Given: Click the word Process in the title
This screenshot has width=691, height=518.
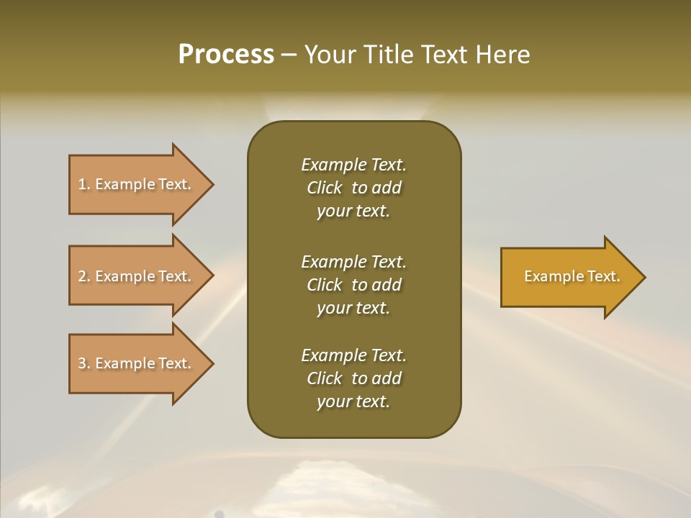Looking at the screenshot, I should [x=226, y=55].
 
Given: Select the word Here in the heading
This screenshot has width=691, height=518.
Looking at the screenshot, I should [x=503, y=55].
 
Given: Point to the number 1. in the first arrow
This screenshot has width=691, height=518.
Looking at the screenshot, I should [x=84, y=184].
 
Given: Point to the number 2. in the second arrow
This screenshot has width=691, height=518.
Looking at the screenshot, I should [x=84, y=276].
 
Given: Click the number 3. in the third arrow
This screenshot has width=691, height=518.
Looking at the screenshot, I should [x=84, y=363].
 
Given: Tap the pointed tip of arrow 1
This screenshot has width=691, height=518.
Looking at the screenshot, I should [x=211, y=184].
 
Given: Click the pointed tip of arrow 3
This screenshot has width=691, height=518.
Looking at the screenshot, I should [x=211, y=363].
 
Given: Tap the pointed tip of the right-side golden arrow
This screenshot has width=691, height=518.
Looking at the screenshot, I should [x=643, y=276].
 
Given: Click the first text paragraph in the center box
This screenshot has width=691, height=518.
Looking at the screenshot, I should [x=353, y=188].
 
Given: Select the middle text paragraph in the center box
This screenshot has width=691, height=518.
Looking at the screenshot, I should [x=353, y=285].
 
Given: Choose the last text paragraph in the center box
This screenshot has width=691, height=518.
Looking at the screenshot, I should [x=353, y=378].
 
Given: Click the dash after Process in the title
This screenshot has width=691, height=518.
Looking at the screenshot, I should [x=289, y=55].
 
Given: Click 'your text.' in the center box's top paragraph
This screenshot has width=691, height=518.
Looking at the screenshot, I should [x=353, y=212].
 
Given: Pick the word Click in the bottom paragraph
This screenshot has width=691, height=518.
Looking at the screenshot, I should [x=325, y=378].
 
